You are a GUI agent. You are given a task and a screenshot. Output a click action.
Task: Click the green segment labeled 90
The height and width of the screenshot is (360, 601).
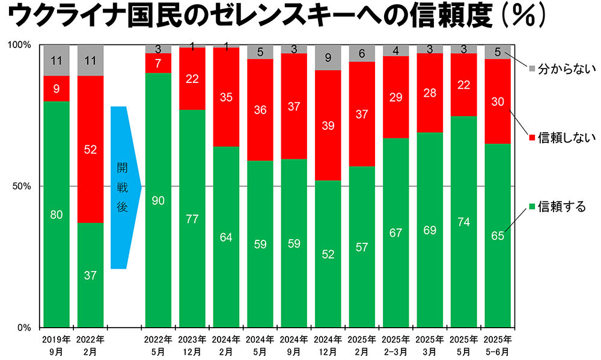tap(159, 200)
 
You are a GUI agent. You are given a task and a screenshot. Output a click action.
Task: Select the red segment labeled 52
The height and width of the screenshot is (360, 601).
tap(90, 149)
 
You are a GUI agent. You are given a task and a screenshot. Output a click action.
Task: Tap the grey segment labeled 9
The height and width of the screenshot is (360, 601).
tap(328, 58)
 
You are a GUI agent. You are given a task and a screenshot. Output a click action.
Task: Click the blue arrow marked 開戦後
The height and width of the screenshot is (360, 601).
tap(124, 188)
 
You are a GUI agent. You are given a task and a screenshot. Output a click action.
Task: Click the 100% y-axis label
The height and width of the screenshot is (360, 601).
tap(20, 45)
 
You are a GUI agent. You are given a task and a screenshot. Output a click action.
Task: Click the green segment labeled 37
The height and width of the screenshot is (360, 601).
tap(90, 275)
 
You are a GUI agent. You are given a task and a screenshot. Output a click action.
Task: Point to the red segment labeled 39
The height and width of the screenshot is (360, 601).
tap(328, 125)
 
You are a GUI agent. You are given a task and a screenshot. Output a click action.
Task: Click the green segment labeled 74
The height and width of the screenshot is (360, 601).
tap(463, 222)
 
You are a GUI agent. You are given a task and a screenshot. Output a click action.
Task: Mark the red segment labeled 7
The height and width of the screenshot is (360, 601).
tap(159, 63)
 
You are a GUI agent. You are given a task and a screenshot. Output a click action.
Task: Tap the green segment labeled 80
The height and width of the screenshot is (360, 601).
tap(56, 214)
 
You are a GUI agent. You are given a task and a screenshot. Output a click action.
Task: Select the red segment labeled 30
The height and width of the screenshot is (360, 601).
tap(498, 101)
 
